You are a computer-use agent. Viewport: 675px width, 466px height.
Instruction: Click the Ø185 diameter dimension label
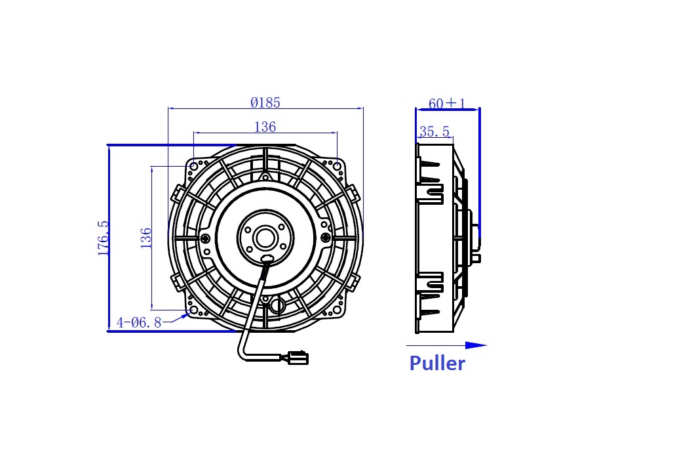(265, 102)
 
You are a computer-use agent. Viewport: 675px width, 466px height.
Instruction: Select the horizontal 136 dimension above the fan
(265, 127)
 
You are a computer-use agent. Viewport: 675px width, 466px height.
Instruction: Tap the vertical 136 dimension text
(146, 238)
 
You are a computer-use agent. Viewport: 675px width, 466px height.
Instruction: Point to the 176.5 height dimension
(104, 238)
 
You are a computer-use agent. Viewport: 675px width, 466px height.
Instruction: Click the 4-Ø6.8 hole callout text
(139, 322)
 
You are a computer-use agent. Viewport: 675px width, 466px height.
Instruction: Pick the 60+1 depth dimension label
(447, 104)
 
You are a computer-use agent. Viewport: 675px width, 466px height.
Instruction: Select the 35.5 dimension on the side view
(434, 131)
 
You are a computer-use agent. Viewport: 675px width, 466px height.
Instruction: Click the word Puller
(437, 364)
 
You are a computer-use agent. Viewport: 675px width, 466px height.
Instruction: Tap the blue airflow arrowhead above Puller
(476, 345)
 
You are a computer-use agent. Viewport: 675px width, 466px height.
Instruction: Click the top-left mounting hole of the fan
(194, 167)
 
